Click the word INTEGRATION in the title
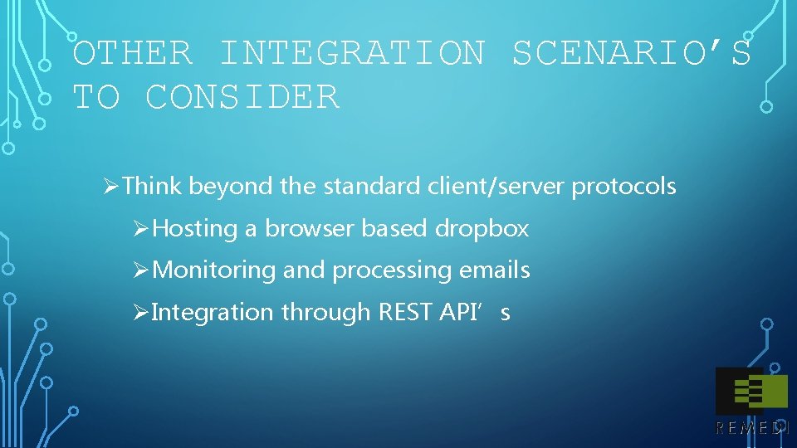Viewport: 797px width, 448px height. (352, 54)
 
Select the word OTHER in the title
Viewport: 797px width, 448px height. (133, 54)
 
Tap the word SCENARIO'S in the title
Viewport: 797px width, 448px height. (631, 54)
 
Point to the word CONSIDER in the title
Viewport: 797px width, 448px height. (242, 98)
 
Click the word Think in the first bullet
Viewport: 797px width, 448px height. (152, 187)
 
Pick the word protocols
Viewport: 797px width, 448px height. (623, 187)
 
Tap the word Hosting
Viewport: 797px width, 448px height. (196, 229)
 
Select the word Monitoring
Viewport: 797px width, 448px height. (215, 270)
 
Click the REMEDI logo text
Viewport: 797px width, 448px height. (752, 428)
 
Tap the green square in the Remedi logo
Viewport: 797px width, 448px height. (771, 392)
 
